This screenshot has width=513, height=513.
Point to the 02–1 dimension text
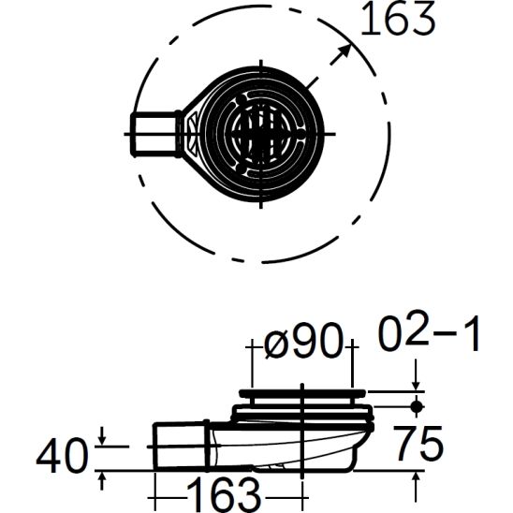(x=431, y=335)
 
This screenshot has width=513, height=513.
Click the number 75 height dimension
(x=418, y=444)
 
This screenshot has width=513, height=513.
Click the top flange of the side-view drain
(x=302, y=390)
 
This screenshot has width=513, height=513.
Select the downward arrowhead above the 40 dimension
(x=102, y=433)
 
